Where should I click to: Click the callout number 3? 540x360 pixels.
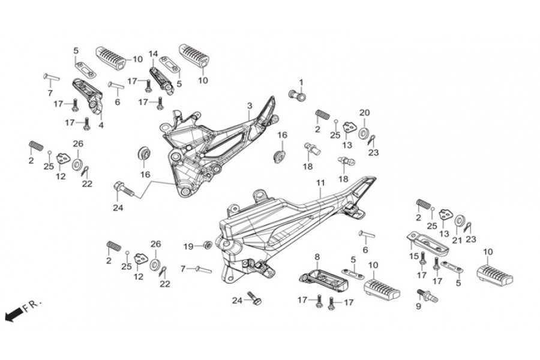click(249, 106)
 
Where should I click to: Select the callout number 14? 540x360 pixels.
click(153, 53)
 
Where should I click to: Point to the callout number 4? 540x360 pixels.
click(101, 125)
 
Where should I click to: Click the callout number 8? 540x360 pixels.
click(316, 257)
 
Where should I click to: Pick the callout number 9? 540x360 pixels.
click(418, 305)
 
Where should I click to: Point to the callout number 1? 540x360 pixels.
click(301, 82)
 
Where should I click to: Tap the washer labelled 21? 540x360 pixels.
click(460, 221)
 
